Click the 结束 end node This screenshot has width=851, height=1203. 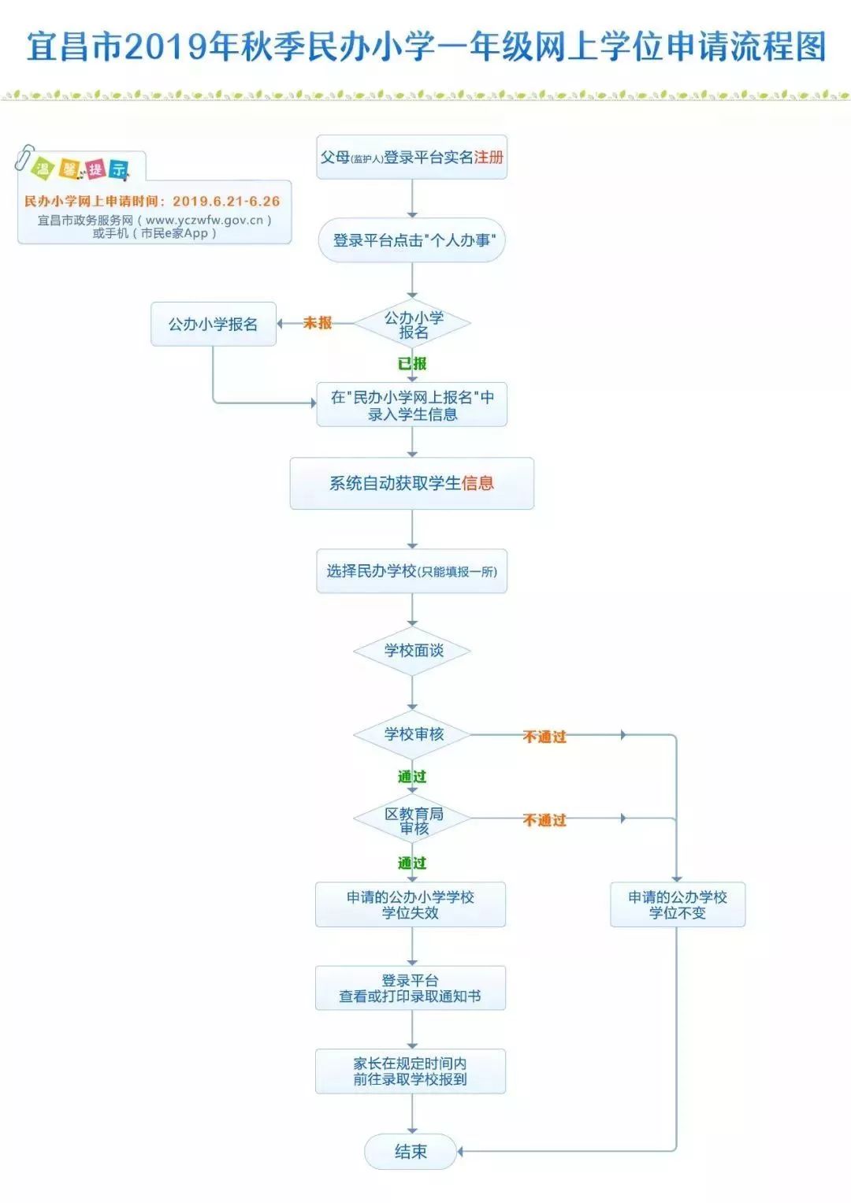tap(411, 1151)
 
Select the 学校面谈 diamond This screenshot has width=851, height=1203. tap(412, 651)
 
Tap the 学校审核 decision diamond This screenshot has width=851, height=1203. tap(412, 734)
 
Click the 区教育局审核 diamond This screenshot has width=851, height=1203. tap(412, 820)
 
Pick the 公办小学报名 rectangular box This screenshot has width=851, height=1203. tap(213, 324)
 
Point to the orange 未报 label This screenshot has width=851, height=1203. tap(318, 323)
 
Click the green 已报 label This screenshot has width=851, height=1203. tap(412, 363)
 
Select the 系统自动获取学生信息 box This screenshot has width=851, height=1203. tap(411, 483)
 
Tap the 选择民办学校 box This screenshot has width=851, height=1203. tap(411, 571)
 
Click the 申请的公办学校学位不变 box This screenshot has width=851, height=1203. tap(677, 904)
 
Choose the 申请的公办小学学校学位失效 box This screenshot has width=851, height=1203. tap(410, 904)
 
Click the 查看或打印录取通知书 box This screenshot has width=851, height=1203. tap(410, 988)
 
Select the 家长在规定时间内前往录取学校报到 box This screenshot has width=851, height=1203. tap(410, 1071)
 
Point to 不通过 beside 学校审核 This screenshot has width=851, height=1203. tap(544, 737)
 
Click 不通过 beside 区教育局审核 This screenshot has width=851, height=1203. tap(544, 820)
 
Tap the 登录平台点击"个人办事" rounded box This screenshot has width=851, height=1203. tap(411, 240)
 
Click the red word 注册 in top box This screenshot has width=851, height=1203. tap(489, 158)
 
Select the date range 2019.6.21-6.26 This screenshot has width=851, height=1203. tap(226, 202)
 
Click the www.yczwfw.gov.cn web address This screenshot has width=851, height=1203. tap(204, 221)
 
